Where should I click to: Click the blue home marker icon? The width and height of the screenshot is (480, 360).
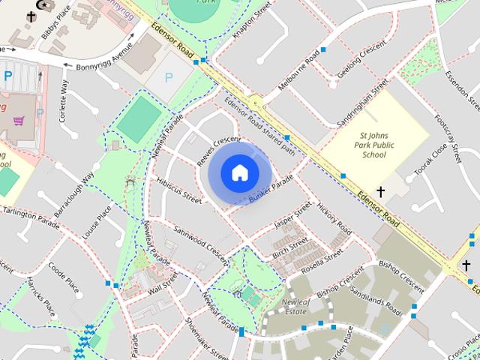239,173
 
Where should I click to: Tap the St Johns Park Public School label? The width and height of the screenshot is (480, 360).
373,145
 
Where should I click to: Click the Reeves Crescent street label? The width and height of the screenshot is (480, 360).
218,151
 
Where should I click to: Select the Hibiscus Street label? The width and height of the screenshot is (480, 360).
179,190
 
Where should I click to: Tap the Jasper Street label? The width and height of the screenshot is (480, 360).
292,214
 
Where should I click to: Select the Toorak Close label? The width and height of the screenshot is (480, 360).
429,160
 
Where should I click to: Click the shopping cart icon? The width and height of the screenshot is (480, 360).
18,121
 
